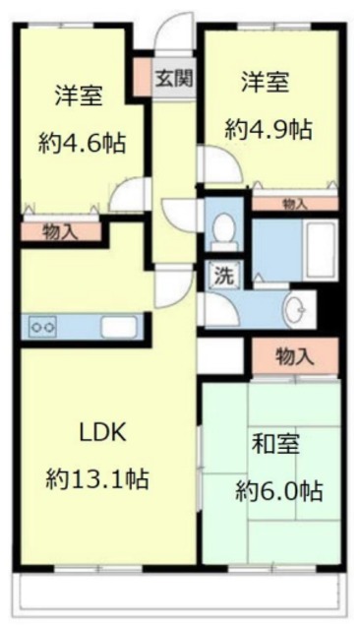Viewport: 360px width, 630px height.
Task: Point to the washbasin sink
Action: [x=295, y=310]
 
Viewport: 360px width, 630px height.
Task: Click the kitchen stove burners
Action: [x=45, y=325]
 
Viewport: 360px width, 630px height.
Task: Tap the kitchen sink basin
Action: [x=118, y=326]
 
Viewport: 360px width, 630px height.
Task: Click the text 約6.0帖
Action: [x=278, y=490]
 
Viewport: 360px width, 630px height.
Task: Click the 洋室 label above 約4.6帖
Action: [x=81, y=95]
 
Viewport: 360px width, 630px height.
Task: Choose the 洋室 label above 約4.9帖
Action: [x=267, y=83]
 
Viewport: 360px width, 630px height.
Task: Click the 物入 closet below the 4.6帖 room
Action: [x=61, y=232]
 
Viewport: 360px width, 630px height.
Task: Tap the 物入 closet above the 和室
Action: [x=294, y=355]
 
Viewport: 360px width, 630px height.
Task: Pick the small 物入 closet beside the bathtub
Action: [x=293, y=204]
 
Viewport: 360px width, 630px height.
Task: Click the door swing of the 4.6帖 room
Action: [x=126, y=194]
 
